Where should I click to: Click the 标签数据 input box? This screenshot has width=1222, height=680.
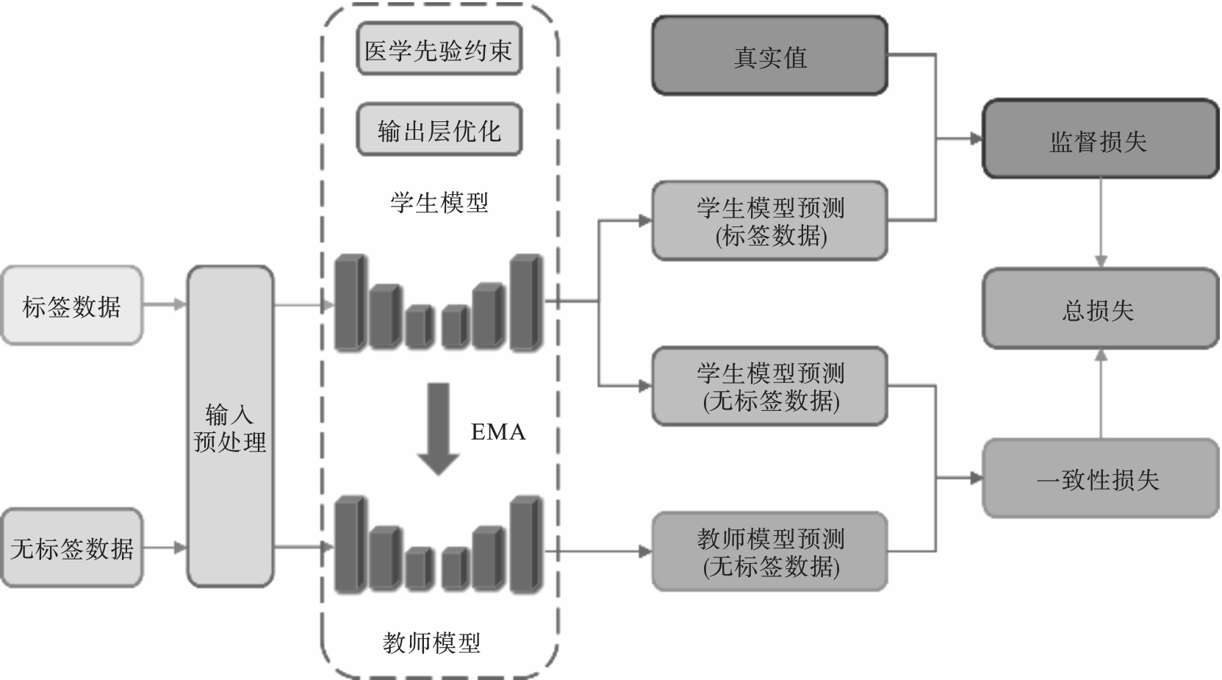tap(71, 306)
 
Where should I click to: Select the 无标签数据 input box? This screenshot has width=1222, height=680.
tap(71, 548)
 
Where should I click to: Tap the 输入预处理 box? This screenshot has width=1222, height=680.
tap(230, 426)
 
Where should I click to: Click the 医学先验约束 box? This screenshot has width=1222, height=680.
tap(439, 50)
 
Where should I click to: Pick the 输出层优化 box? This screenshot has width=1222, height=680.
tap(439, 130)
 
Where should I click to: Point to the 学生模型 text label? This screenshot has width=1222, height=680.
tap(439, 202)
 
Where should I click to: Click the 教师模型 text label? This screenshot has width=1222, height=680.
tap(431, 643)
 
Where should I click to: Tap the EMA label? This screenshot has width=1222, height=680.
tap(498, 432)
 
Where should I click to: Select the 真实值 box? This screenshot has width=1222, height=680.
tap(769, 57)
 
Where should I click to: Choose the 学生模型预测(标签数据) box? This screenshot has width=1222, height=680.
tap(769, 221)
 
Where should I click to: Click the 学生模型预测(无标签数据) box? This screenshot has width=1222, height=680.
tap(769, 386)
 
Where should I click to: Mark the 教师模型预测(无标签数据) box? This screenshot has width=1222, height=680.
tap(769, 551)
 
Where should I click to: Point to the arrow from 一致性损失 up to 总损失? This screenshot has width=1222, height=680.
tap(1100, 393)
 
